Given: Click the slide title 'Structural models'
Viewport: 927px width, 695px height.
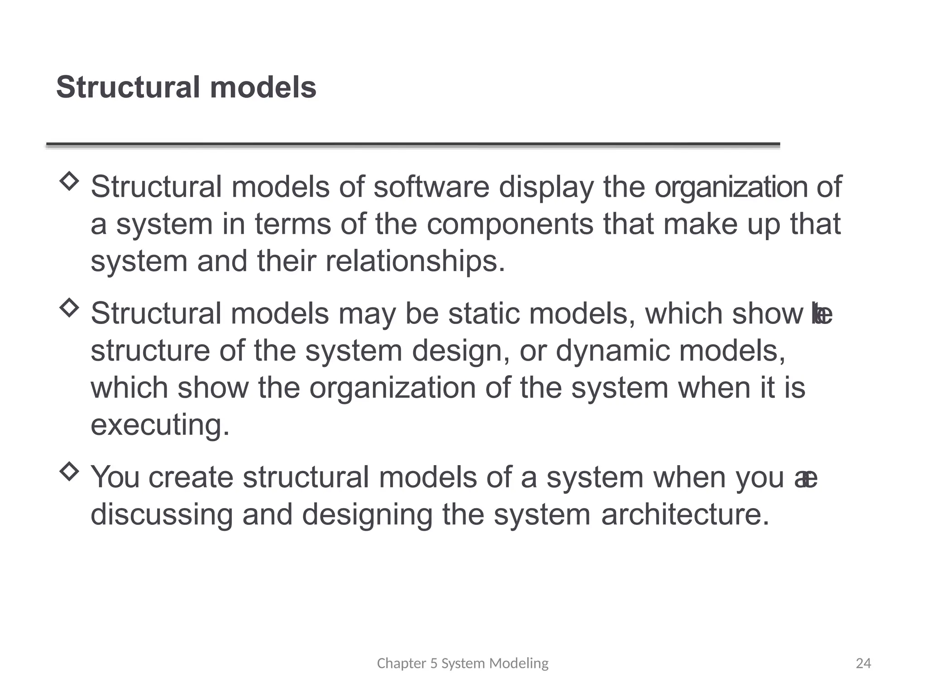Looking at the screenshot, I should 186,87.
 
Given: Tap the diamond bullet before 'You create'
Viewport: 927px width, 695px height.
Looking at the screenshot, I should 69,471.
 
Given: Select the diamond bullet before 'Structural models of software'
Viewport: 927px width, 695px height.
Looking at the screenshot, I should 69,181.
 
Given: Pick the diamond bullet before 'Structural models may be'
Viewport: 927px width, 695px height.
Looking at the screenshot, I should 69,308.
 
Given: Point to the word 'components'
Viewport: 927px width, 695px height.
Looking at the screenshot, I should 510,224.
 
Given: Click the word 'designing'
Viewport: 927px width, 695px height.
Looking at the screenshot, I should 367,515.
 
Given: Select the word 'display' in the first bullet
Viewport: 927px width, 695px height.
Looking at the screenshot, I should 546,187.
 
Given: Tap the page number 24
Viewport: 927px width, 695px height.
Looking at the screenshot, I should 863,663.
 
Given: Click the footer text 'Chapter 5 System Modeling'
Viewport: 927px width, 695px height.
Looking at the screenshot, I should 463,663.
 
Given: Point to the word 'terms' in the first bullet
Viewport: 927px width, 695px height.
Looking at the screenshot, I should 292,224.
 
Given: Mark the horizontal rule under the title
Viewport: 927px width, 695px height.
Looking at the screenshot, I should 413,145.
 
